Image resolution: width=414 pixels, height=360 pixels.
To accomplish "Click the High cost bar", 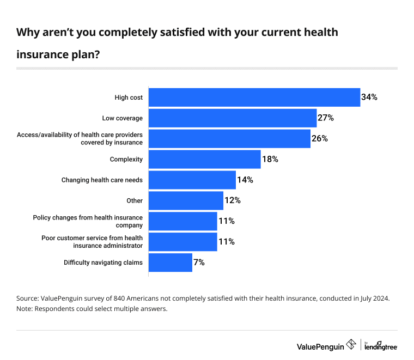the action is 254,97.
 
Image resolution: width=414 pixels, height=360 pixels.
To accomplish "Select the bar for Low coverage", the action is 233,118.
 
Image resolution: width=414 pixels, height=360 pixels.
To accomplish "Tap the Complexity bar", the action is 205,160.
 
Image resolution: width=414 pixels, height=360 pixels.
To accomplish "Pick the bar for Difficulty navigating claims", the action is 171,263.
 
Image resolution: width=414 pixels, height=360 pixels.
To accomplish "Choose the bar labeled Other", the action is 186,200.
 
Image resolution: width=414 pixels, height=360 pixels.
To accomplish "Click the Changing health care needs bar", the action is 192,180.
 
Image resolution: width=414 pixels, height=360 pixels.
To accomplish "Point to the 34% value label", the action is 369,97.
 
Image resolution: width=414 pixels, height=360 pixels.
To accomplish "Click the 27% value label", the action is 326,118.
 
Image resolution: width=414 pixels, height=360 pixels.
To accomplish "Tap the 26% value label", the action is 319,138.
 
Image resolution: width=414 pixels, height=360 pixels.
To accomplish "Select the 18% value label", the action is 270,159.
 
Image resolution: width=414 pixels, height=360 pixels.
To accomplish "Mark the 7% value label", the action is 199,263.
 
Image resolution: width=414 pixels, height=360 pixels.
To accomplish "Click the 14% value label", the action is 245,180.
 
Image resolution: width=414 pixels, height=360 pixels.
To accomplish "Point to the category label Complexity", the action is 126,160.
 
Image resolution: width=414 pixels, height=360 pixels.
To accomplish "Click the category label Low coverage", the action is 122,118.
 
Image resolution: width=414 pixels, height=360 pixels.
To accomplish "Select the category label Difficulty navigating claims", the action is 103,263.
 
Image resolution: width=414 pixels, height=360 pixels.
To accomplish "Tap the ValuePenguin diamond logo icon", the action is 351,344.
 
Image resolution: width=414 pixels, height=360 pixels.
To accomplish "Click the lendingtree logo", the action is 381,346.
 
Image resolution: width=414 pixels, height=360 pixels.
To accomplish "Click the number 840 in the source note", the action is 119,298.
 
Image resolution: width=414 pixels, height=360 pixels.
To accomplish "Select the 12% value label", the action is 233,200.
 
